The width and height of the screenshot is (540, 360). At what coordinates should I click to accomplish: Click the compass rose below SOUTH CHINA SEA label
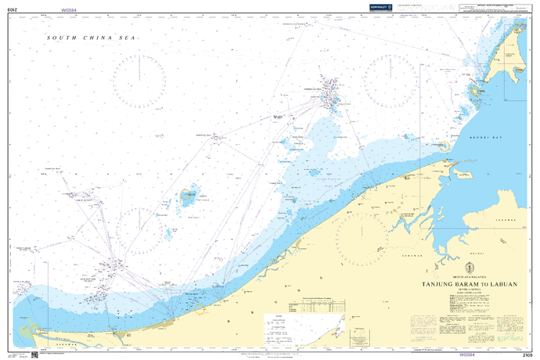pos(139,79)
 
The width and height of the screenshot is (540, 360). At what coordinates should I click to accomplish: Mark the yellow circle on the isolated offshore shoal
pos(188,196)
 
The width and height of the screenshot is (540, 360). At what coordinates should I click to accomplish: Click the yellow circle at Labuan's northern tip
pos(474,92)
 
